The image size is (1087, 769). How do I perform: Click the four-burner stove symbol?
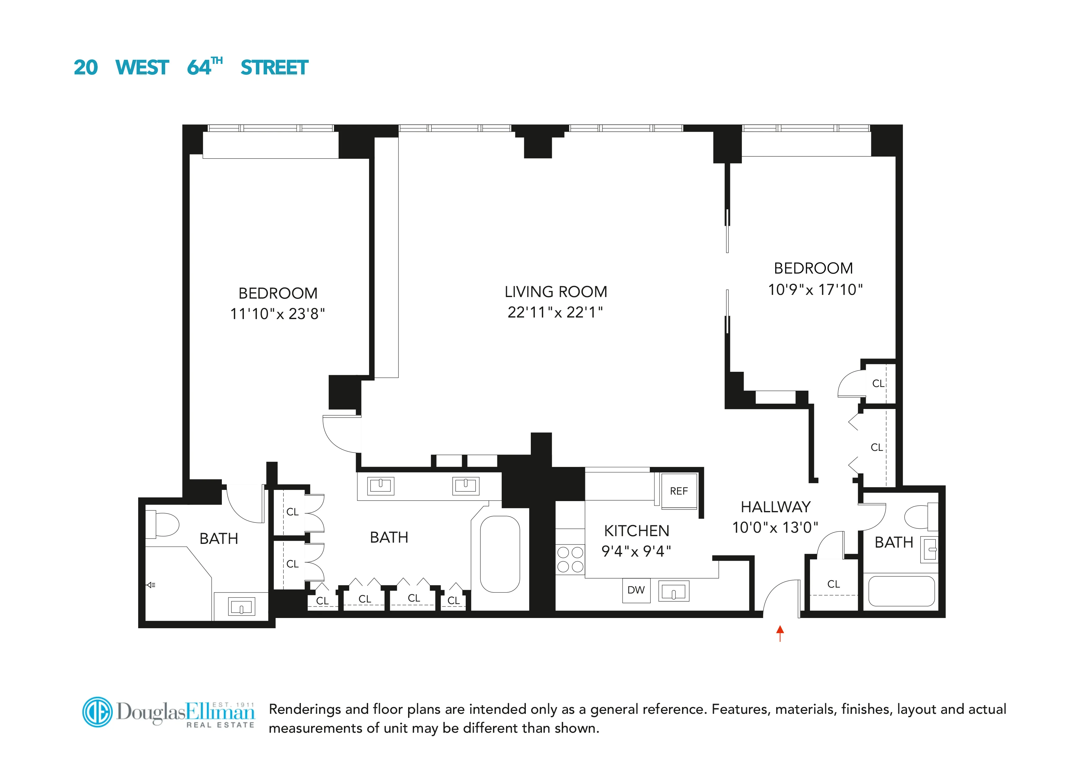point(570,560)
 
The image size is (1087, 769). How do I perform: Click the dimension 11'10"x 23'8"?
point(277,314)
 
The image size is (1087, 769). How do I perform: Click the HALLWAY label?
point(776,507)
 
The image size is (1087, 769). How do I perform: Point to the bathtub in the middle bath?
point(500,554)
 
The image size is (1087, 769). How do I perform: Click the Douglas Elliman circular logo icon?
point(98,712)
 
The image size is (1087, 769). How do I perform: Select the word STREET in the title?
point(274,68)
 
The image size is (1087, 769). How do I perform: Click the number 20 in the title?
point(86,68)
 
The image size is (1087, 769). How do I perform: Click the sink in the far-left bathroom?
point(241,607)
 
